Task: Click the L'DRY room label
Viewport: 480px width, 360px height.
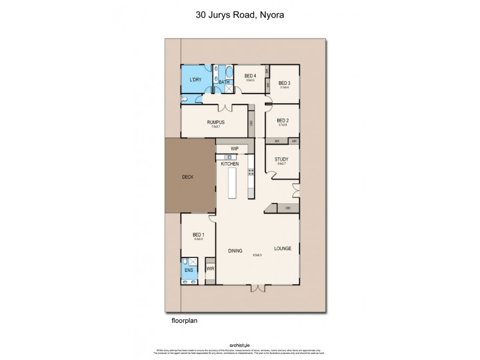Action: point(195,80)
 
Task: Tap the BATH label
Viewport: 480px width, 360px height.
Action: point(224,82)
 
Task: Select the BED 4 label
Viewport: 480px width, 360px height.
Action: point(251,76)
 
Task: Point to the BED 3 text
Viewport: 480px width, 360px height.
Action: point(284,83)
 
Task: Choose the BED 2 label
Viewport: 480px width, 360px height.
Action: point(283,121)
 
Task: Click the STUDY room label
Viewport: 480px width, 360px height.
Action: point(281,160)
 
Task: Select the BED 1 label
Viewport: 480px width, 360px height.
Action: point(199,235)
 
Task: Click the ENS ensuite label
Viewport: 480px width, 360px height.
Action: point(190,271)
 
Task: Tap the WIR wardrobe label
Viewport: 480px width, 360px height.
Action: point(210,269)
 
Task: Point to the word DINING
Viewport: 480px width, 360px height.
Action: point(235,250)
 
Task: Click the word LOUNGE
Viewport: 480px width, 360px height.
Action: point(283,248)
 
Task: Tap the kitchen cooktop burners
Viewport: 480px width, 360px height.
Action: point(251,175)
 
